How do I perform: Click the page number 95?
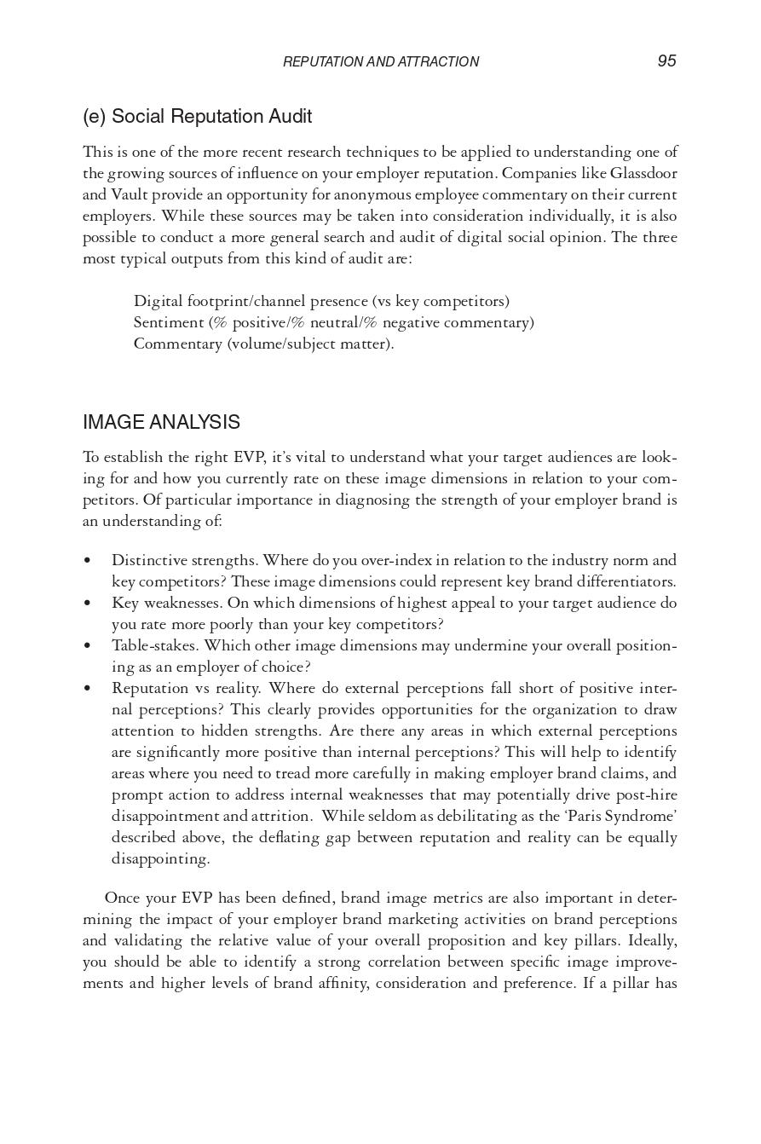666,61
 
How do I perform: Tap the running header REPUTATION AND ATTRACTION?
380,61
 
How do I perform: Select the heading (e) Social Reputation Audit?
197,116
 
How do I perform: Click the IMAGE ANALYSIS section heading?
161,422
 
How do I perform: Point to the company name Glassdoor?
643,173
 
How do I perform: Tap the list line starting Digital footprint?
321,301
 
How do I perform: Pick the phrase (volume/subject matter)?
310,344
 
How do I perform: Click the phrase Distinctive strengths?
185,560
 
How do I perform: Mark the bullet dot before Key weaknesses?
87,604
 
